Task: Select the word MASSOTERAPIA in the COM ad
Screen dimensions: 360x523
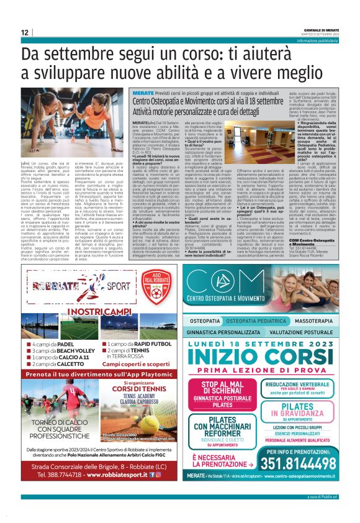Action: tap(313, 320)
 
